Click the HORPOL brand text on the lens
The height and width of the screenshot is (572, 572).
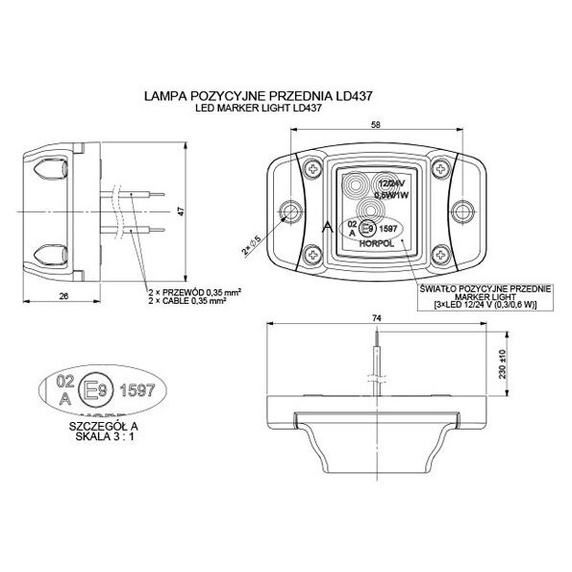(x=376, y=244)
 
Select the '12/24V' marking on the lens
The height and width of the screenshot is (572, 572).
(x=393, y=183)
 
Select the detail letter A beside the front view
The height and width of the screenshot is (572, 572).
(x=328, y=228)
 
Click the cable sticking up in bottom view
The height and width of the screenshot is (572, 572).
(x=378, y=361)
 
